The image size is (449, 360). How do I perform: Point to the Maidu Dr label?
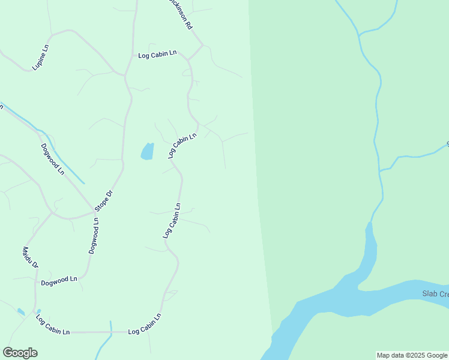[x=31, y=257]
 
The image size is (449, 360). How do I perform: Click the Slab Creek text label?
[x=435, y=294]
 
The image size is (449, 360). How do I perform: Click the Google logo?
[x=20, y=353]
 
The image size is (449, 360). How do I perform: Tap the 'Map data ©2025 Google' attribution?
[x=412, y=355]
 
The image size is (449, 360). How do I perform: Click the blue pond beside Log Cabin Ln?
[x=147, y=151]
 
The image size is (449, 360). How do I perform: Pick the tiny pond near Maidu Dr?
[x=21, y=312]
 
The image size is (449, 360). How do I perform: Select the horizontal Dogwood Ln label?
[x=59, y=280]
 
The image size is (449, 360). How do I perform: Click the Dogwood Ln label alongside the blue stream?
[x=53, y=158]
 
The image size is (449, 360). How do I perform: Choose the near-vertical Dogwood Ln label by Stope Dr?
[x=94, y=236]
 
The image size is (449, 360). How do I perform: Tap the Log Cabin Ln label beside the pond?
[x=182, y=145]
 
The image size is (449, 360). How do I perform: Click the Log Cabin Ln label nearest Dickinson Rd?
[x=157, y=54]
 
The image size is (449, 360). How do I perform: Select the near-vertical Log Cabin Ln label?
[x=172, y=221]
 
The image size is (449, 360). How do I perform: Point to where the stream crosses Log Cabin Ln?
[x=111, y=331]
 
